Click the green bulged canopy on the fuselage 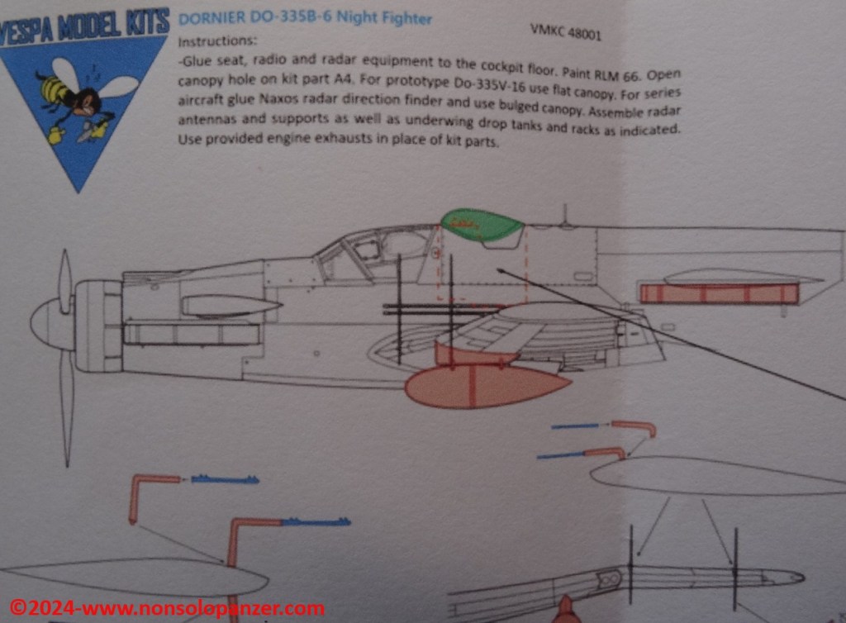[x=482, y=225]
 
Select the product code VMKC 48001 [x=565, y=32]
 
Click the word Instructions [x=217, y=41]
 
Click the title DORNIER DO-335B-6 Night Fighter [x=305, y=18]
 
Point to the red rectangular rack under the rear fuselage [x=719, y=293]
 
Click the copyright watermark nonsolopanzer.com [x=167, y=608]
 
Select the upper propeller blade [x=65, y=280]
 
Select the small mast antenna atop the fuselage [x=565, y=214]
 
